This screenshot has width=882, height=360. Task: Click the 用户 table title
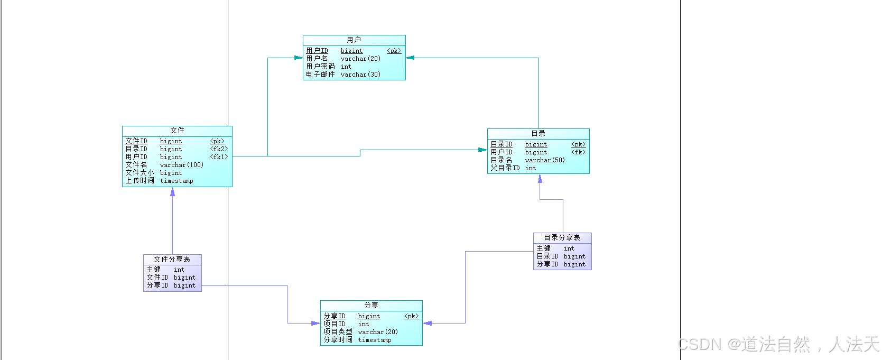point(354,40)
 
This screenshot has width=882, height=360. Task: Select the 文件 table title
point(177,131)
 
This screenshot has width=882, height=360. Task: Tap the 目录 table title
point(538,134)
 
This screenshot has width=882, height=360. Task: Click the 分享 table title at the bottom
point(371,306)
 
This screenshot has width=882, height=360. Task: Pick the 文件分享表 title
point(172,260)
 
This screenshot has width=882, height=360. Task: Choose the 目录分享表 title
point(562,238)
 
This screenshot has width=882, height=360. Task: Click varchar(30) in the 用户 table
point(360,75)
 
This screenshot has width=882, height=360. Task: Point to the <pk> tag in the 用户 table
point(394,51)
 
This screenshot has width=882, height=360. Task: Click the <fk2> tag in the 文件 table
point(219,149)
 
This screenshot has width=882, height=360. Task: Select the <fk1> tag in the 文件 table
point(219,157)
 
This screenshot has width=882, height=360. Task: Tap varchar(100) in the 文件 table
point(181,165)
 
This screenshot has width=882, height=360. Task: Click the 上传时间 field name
point(140,181)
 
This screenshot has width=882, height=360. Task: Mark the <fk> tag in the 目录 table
point(579,152)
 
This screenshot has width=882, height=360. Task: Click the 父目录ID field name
point(505,168)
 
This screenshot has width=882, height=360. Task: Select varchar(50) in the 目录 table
point(545,160)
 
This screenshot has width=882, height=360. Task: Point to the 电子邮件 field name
point(320,75)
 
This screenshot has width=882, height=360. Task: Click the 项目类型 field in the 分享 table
point(338,332)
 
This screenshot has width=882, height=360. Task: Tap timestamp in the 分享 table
point(375,340)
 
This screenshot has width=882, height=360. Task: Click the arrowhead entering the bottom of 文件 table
point(172,192)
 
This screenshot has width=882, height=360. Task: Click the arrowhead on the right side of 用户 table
point(410,58)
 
